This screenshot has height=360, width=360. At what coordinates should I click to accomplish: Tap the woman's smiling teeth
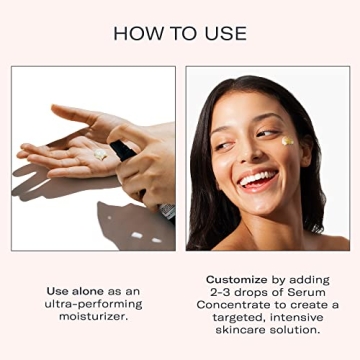coord(257,181)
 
